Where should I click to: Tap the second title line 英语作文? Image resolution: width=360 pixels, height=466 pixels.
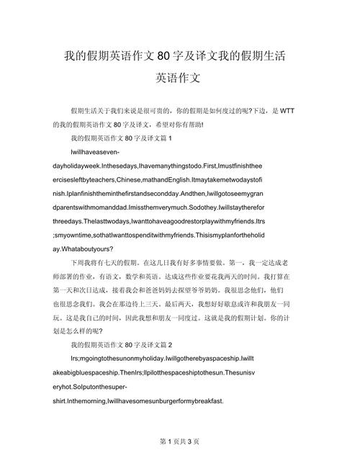pyautogui.click(x=180, y=78)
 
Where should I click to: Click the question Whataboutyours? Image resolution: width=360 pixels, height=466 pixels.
pyautogui.click(x=102, y=247)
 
